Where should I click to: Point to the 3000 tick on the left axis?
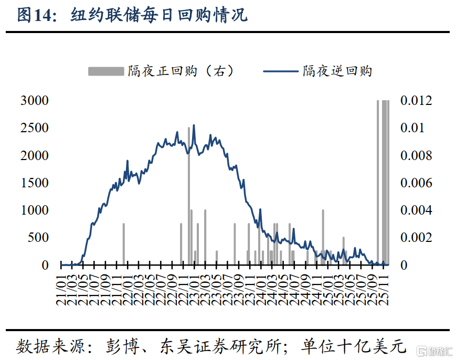pos(35,101)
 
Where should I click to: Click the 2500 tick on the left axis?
pos(35,128)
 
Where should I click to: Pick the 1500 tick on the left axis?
pos(35,183)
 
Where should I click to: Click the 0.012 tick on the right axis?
pos(417,101)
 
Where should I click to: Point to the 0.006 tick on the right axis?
pos(417,183)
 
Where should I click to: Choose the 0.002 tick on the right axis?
pos(417,238)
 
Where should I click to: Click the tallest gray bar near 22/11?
pos(189,194)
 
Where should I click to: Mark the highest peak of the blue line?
pos(194,125)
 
